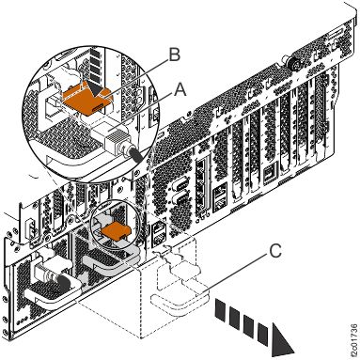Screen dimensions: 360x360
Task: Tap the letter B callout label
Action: pyautogui.click(x=173, y=56)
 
